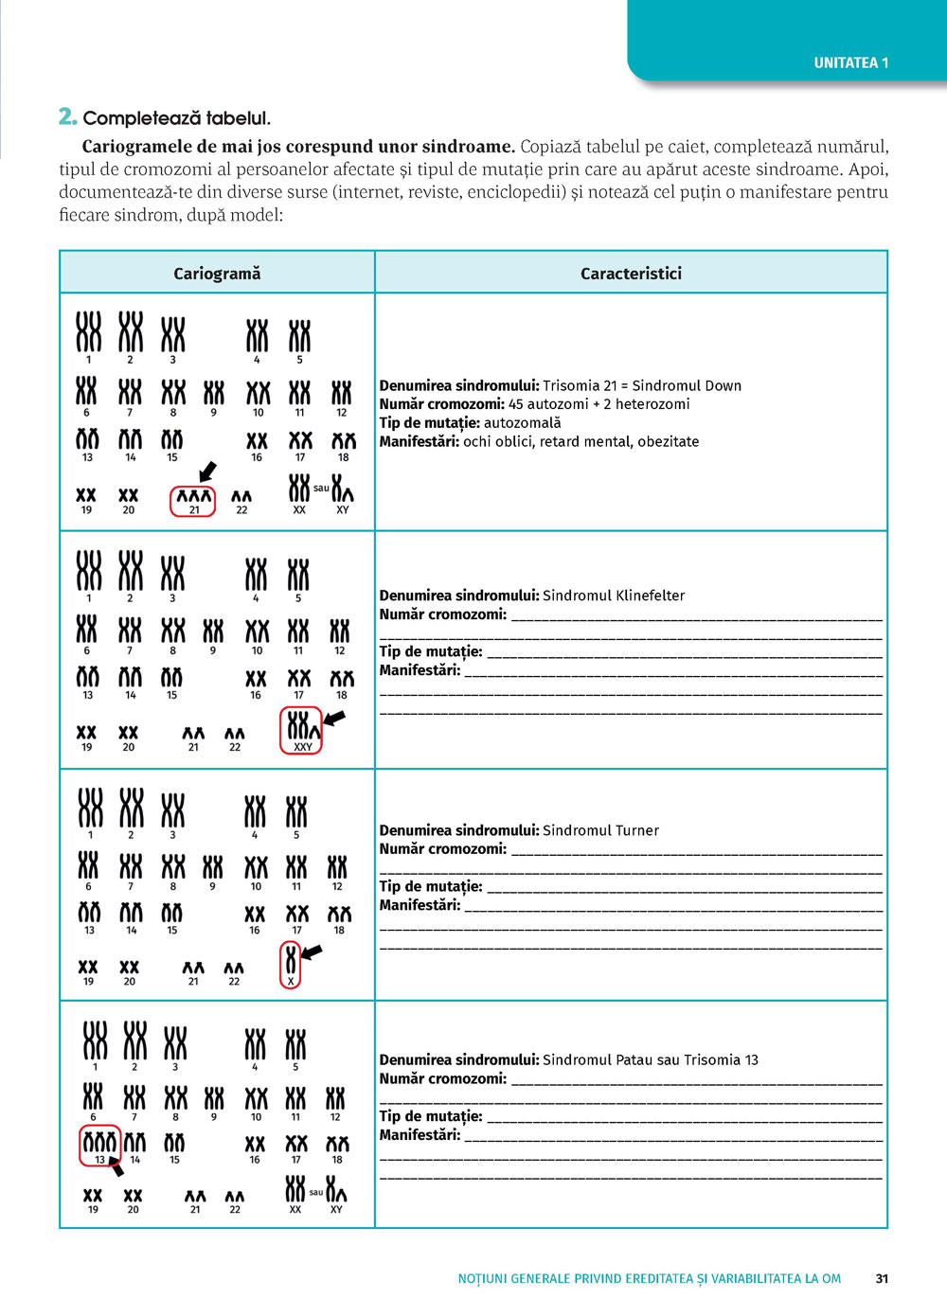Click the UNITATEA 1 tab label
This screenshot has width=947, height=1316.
click(850, 63)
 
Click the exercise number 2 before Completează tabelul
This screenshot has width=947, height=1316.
click(67, 117)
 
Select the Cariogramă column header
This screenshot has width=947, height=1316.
click(217, 274)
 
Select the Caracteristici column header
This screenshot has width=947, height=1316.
click(631, 274)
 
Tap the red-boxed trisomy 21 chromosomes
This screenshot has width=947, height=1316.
click(193, 501)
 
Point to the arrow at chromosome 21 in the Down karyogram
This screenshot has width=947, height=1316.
click(207, 471)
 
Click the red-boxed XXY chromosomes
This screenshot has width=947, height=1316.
click(302, 730)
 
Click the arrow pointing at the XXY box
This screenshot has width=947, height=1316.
click(334, 719)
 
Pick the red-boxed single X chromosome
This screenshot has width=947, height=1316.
click(291, 965)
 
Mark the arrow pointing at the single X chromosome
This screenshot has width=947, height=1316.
click(312, 951)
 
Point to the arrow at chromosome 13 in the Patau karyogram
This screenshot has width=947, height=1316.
click(116, 1165)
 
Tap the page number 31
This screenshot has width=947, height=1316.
click(882, 1278)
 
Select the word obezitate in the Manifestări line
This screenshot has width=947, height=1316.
click(669, 441)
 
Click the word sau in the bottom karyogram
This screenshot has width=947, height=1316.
click(316, 1192)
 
